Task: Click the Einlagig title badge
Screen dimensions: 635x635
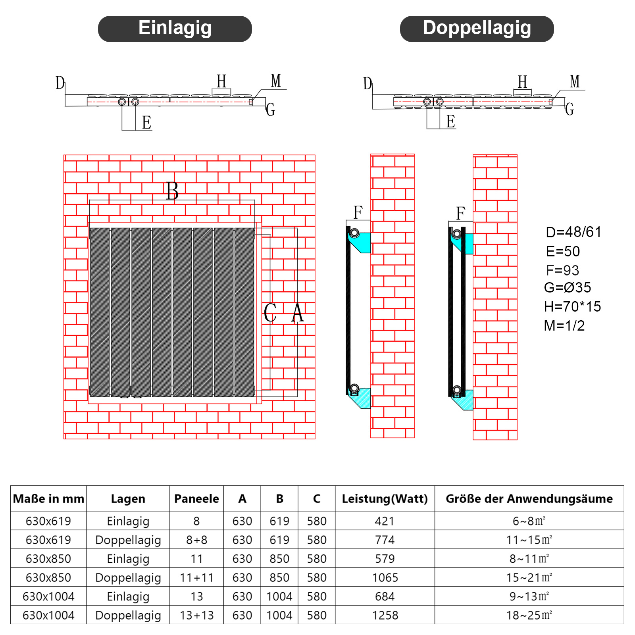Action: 175,29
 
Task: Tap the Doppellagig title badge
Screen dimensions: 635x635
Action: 477,29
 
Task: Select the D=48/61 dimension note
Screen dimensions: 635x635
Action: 573,232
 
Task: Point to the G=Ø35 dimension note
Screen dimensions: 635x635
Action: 568,287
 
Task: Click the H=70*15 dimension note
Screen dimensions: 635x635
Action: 572,306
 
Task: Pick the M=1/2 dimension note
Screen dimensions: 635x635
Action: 564,325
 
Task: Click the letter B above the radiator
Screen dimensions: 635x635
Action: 172,191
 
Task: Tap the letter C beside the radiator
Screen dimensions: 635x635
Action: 270,313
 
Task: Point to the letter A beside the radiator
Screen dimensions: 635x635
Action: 298,313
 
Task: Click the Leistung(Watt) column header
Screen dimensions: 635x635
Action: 385,498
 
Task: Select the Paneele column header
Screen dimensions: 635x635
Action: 196,498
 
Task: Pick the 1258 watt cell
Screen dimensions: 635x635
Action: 385,615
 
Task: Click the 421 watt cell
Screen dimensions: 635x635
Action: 385,521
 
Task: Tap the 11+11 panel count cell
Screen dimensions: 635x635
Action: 196,577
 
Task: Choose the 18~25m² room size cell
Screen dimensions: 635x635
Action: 529,615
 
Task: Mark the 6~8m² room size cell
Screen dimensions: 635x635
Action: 529,521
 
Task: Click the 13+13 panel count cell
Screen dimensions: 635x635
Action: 196,615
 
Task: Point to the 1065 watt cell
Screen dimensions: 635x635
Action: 385,577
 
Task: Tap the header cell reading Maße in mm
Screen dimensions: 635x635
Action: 48,498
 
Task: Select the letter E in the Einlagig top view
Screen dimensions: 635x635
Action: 146,122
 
